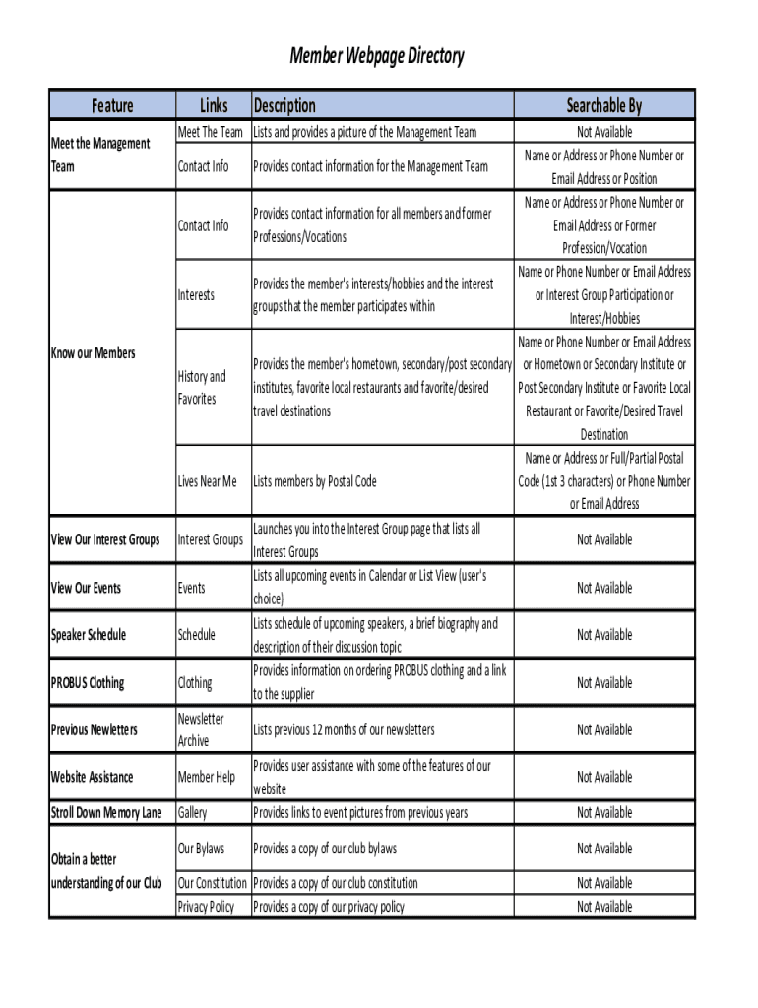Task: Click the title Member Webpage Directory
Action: pyautogui.click(x=376, y=57)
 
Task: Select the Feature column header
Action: pyautogui.click(x=112, y=105)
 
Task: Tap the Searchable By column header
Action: pyautogui.click(x=603, y=105)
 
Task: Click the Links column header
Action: pyautogui.click(x=213, y=105)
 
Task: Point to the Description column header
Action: pyautogui.click(x=284, y=105)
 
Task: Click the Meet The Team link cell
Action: pyautogui.click(x=210, y=132)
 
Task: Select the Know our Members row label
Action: pyautogui.click(x=93, y=353)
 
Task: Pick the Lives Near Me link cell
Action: pyautogui.click(x=207, y=481)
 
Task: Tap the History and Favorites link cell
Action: pyautogui.click(x=202, y=388)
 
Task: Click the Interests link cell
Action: pyautogui.click(x=196, y=295)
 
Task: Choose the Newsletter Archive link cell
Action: pyautogui.click(x=201, y=729)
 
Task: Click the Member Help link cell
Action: pyautogui.click(x=206, y=777)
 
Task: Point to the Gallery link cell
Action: pyautogui.click(x=192, y=812)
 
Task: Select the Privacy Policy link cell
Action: pyautogui.click(x=206, y=907)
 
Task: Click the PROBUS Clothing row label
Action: pyautogui.click(x=88, y=682)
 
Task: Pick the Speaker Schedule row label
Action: pyautogui.click(x=89, y=635)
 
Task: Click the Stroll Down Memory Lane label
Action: pyautogui.click(x=106, y=812)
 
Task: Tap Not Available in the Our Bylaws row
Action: pyautogui.click(x=604, y=849)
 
